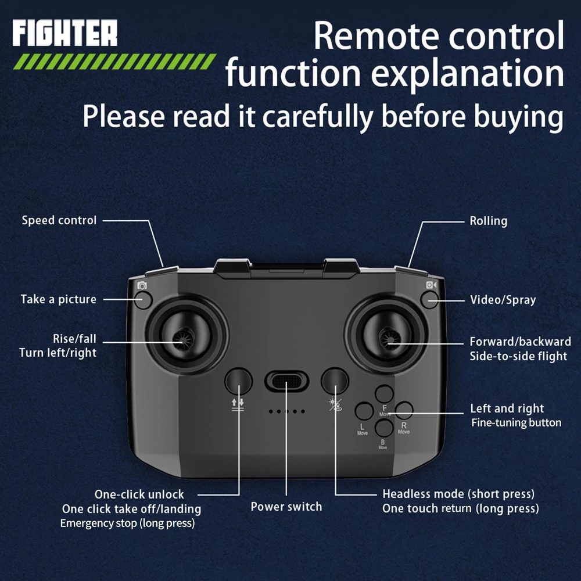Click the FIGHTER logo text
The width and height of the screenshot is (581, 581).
(65, 33)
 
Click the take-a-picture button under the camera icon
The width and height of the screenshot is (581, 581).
(143, 300)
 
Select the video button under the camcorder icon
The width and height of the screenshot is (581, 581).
(430, 299)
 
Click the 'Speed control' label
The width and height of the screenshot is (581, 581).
(59, 220)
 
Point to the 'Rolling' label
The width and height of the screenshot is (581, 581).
(489, 221)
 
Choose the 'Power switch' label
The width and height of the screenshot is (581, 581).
(286, 507)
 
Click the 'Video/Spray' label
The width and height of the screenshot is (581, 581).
(503, 300)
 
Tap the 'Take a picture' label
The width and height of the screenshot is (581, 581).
(59, 299)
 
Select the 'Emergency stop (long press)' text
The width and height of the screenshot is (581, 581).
(127, 523)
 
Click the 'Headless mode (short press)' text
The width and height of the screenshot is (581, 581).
(459, 494)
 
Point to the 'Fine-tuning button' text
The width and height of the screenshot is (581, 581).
(516, 423)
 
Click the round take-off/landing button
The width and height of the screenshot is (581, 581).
(239, 381)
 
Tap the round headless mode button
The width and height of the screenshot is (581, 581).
(335, 381)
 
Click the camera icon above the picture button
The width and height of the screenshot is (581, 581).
(142, 285)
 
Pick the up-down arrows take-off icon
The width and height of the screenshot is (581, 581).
(238, 404)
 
